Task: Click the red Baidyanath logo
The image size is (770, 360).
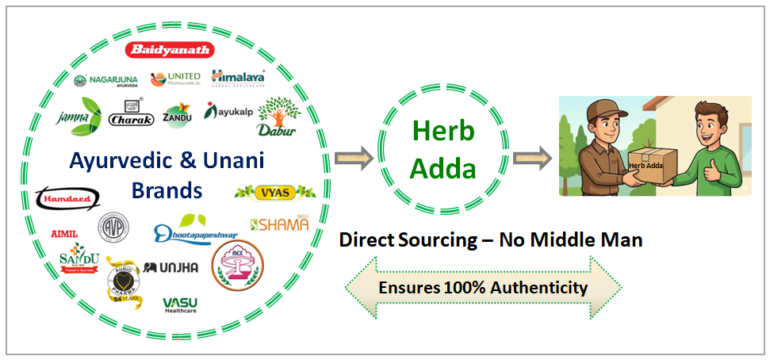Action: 170,50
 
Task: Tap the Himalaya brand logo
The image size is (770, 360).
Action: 237,77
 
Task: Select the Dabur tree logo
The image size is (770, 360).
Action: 278,116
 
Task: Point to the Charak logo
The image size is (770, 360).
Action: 128,118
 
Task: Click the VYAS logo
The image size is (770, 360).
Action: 275,191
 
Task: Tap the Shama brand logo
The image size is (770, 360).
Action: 279,224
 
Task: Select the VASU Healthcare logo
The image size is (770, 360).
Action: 180,305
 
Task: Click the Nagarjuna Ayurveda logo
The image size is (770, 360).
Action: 105,81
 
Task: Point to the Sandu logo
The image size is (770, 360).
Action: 79,261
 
